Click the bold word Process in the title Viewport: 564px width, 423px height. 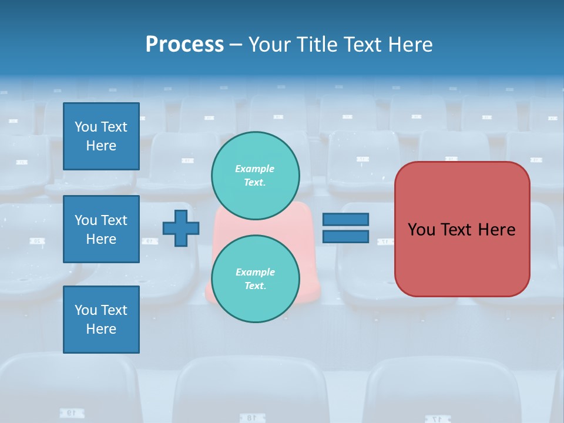[x=184, y=45]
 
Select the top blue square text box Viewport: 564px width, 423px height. [x=101, y=136]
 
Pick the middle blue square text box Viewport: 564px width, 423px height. [x=101, y=229]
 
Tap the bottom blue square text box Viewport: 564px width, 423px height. [x=101, y=320]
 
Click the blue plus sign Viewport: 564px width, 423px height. [x=181, y=228]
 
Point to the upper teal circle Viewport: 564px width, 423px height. [x=256, y=175]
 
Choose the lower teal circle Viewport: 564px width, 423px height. [x=256, y=278]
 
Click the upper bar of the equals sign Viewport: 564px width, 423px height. [x=345, y=220]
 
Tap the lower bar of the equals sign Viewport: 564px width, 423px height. [x=345, y=237]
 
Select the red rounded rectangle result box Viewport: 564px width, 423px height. [x=462, y=229]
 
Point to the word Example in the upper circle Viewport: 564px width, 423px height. [x=255, y=169]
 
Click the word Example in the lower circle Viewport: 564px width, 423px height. [x=255, y=272]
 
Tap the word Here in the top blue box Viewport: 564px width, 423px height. [x=101, y=146]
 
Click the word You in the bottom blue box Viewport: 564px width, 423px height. [x=86, y=310]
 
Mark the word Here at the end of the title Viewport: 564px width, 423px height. [x=411, y=45]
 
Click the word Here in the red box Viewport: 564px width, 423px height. [x=496, y=230]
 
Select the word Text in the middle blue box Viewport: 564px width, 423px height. [x=114, y=220]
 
